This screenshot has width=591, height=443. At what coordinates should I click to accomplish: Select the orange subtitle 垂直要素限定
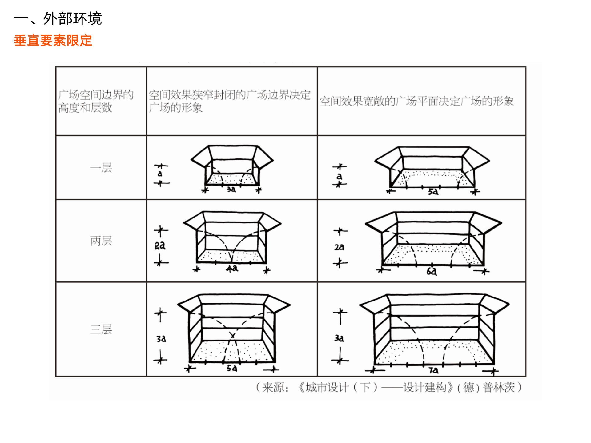pos(53,41)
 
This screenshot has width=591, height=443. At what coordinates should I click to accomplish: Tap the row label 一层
pos(101,168)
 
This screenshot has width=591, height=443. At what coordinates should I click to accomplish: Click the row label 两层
pos(101,241)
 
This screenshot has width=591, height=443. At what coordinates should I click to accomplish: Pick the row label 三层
pos(101,329)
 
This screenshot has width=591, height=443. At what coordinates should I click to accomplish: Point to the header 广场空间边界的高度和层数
pos(96,101)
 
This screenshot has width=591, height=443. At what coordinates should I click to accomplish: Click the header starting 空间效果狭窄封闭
pos(230,101)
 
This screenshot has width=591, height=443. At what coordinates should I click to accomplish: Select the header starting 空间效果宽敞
pos(416,101)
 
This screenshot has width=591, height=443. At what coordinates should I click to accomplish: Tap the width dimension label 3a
pos(231,190)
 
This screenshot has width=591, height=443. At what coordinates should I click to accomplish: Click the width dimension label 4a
pos(232,269)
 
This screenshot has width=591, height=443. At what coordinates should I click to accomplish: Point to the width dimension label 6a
pos(432,272)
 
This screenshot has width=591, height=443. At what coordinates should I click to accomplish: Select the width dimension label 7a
pos(433,370)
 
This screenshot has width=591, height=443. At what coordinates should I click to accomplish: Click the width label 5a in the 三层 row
pos(232,368)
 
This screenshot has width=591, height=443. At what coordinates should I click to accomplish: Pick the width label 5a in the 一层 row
pos(433,192)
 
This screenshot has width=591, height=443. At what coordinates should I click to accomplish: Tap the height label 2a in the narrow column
pos(160,245)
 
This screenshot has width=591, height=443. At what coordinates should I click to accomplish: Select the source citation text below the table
pos(388,387)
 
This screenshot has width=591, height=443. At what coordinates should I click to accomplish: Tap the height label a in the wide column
pos(339,176)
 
